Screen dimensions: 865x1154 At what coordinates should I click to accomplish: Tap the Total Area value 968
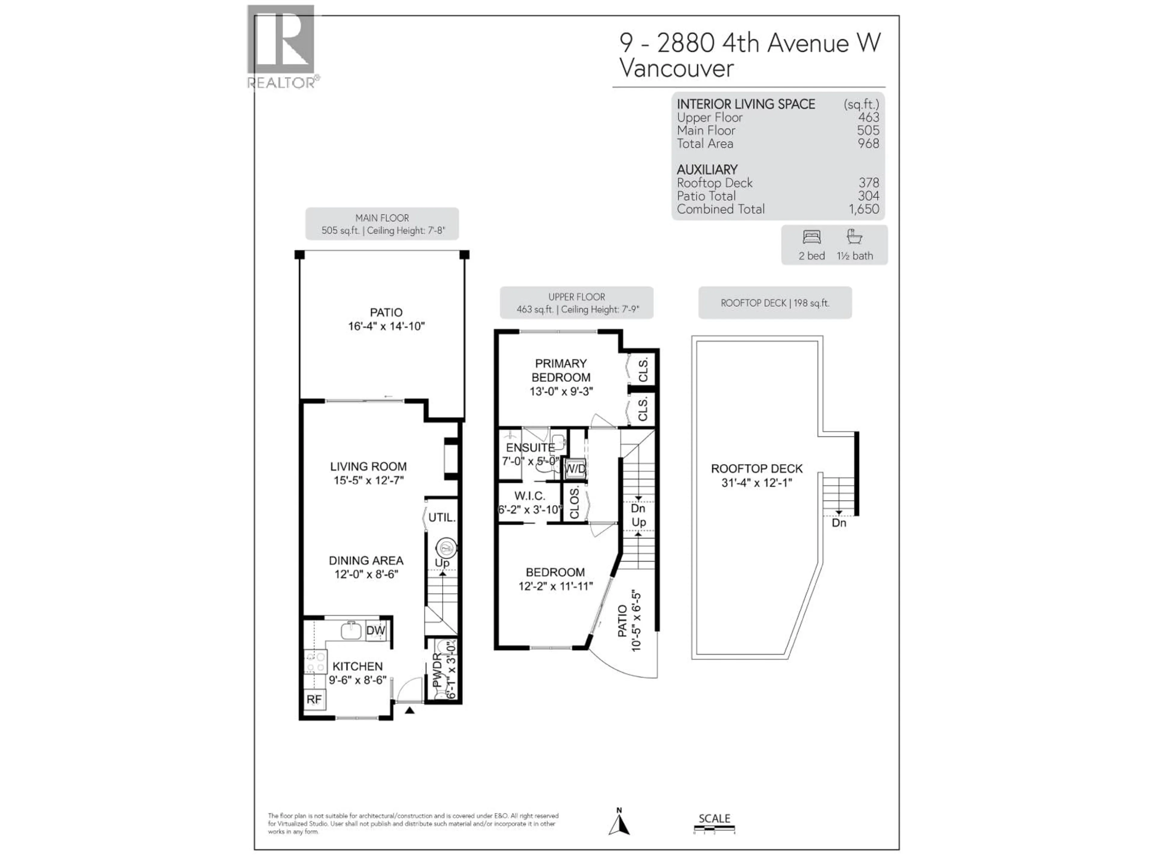868,143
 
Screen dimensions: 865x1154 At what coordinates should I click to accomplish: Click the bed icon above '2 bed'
812,237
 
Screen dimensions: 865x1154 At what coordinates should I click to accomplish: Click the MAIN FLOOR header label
382,218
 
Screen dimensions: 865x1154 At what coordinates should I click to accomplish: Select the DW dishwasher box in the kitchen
376,630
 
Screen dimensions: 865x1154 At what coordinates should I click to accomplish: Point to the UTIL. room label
442,517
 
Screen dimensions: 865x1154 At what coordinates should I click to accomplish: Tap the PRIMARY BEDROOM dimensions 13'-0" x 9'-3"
561,391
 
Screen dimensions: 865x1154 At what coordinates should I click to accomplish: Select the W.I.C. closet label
530,496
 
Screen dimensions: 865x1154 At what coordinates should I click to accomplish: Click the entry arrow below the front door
410,710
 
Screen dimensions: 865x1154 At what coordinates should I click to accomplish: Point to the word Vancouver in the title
676,68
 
